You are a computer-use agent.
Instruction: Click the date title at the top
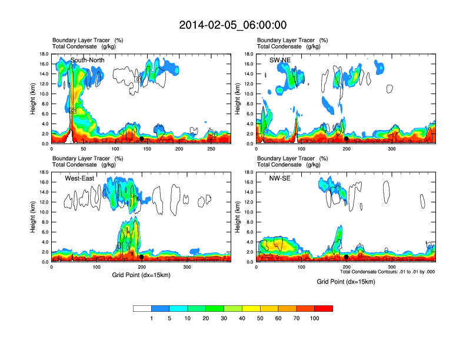[233, 25]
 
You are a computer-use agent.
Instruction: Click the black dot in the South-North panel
[141, 139]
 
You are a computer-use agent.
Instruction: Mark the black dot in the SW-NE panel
[347, 139]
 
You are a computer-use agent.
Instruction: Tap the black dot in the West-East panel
[142, 257]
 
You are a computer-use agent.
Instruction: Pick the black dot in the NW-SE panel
[347, 257]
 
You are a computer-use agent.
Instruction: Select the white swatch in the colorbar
[142, 308]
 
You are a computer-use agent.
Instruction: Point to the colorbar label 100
[315, 318]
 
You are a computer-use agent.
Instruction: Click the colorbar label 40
[242, 318]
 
